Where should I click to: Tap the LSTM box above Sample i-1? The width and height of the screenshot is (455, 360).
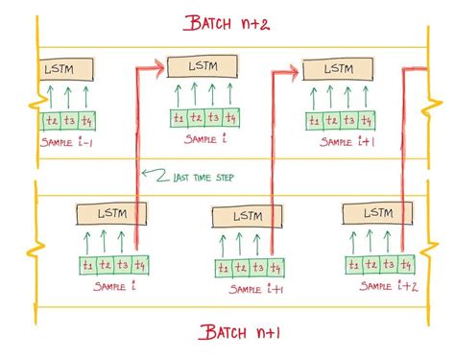pyautogui.click(x=66, y=70)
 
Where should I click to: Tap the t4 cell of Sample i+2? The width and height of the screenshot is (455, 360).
pyautogui.click(x=405, y=264)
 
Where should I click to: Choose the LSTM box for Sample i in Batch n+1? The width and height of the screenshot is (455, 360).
pyautogui.click(x=107, y=213)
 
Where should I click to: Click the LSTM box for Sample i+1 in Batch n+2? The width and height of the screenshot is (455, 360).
pyautogui.click(x=337, y=69)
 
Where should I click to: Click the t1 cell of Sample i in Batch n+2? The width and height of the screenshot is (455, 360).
pyautogui.click(x=178, y=117)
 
